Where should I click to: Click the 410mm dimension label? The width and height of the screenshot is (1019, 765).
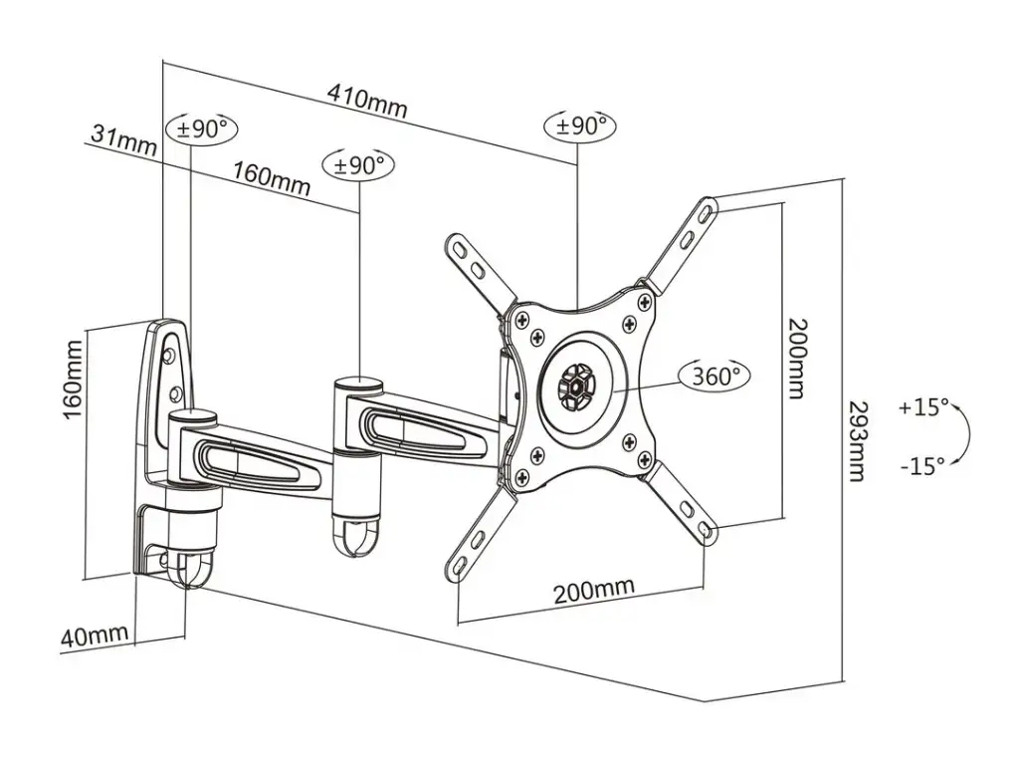[x=367, y=100]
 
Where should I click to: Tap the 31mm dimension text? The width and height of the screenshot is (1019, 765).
[x=123, y=139]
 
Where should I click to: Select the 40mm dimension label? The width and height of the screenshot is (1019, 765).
[x=95, y=635]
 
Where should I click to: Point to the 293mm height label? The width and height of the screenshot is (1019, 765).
[x=858, y=440]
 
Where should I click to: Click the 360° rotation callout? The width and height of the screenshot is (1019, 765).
[x=714, y=376]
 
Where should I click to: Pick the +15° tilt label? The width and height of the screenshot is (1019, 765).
[x=923, y=407]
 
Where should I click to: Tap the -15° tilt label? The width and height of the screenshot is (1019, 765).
[x=922, y=466]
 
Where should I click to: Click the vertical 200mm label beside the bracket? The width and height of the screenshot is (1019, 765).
[x=796, y=358]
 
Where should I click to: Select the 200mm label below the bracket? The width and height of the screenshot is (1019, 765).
[x=593, y=590]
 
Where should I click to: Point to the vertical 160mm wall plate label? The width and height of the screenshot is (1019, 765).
[x=73, y=381]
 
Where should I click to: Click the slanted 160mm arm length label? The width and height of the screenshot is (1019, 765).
[x=272, y=177]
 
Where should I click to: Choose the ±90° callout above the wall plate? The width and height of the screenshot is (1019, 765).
[x=202, y=128]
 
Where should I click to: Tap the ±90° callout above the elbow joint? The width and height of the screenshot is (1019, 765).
[x=358, y=165]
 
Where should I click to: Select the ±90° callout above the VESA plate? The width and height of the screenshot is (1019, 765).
[x=580, y=126]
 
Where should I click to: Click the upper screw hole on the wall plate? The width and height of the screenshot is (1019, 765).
[x=169, y=355]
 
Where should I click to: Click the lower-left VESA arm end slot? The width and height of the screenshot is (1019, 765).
[x=460, y=566]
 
